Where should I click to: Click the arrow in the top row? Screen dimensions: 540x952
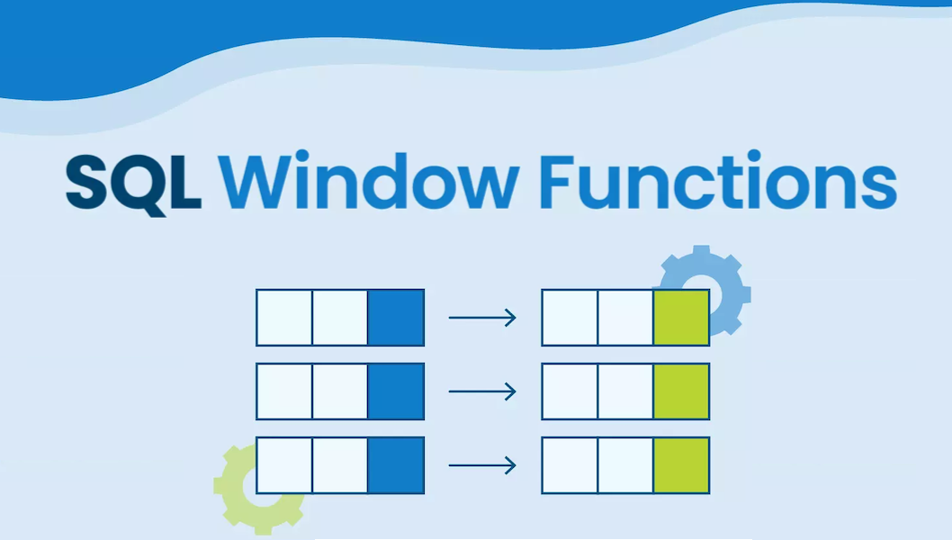(482, 317)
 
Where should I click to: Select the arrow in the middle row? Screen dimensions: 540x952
(482, 391)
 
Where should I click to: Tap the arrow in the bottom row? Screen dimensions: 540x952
(482, 465)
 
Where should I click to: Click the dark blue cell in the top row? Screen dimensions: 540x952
(396, 317)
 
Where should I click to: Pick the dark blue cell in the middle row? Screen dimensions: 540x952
(396, 391)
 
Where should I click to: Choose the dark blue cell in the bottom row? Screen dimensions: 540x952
(396, 465)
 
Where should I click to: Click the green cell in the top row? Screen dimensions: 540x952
(681, 317)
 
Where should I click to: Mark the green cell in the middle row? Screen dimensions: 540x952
(681, 391)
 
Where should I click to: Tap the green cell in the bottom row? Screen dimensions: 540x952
(681, 465)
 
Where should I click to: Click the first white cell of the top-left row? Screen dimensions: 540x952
(284, 317)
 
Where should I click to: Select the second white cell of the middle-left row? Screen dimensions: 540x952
(340, 391)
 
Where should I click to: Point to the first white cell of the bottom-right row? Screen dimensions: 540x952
(570, 465)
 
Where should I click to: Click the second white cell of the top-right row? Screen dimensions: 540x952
(625, 317)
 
